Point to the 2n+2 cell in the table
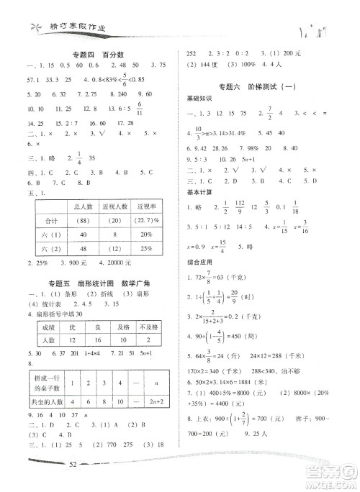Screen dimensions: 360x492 [156, 403]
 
